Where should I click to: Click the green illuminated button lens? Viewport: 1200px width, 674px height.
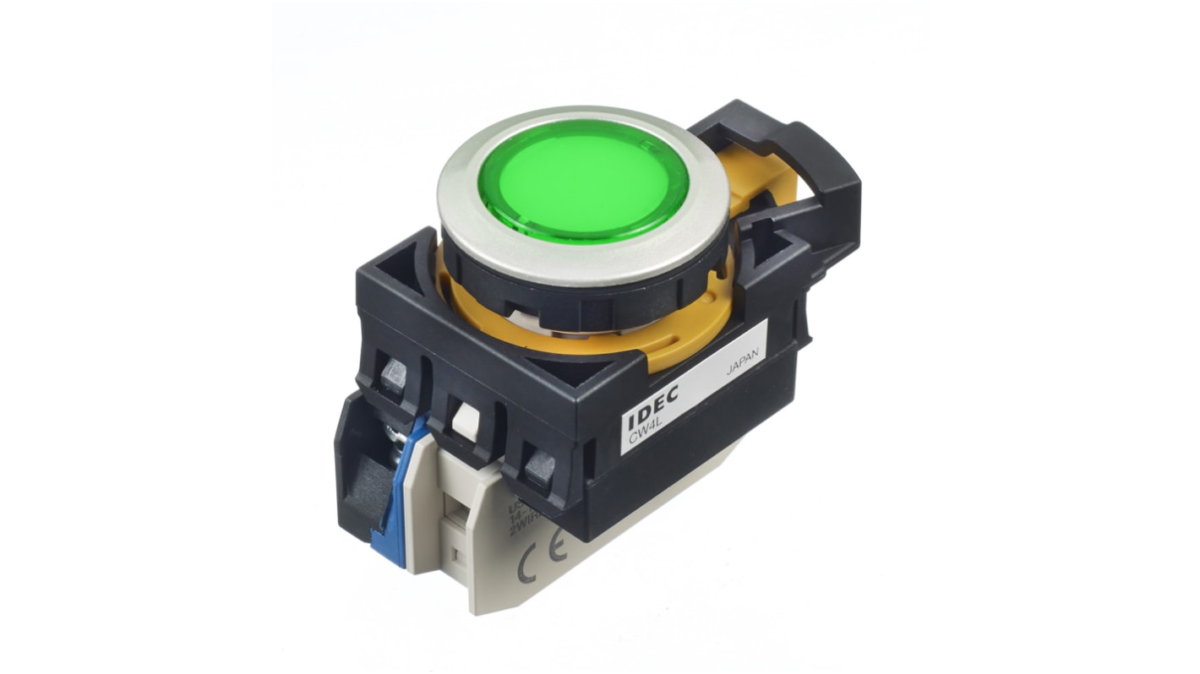point(584,180)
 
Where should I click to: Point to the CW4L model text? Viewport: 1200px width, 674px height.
point(642,437)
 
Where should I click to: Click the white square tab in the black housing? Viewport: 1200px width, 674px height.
point(465,415)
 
